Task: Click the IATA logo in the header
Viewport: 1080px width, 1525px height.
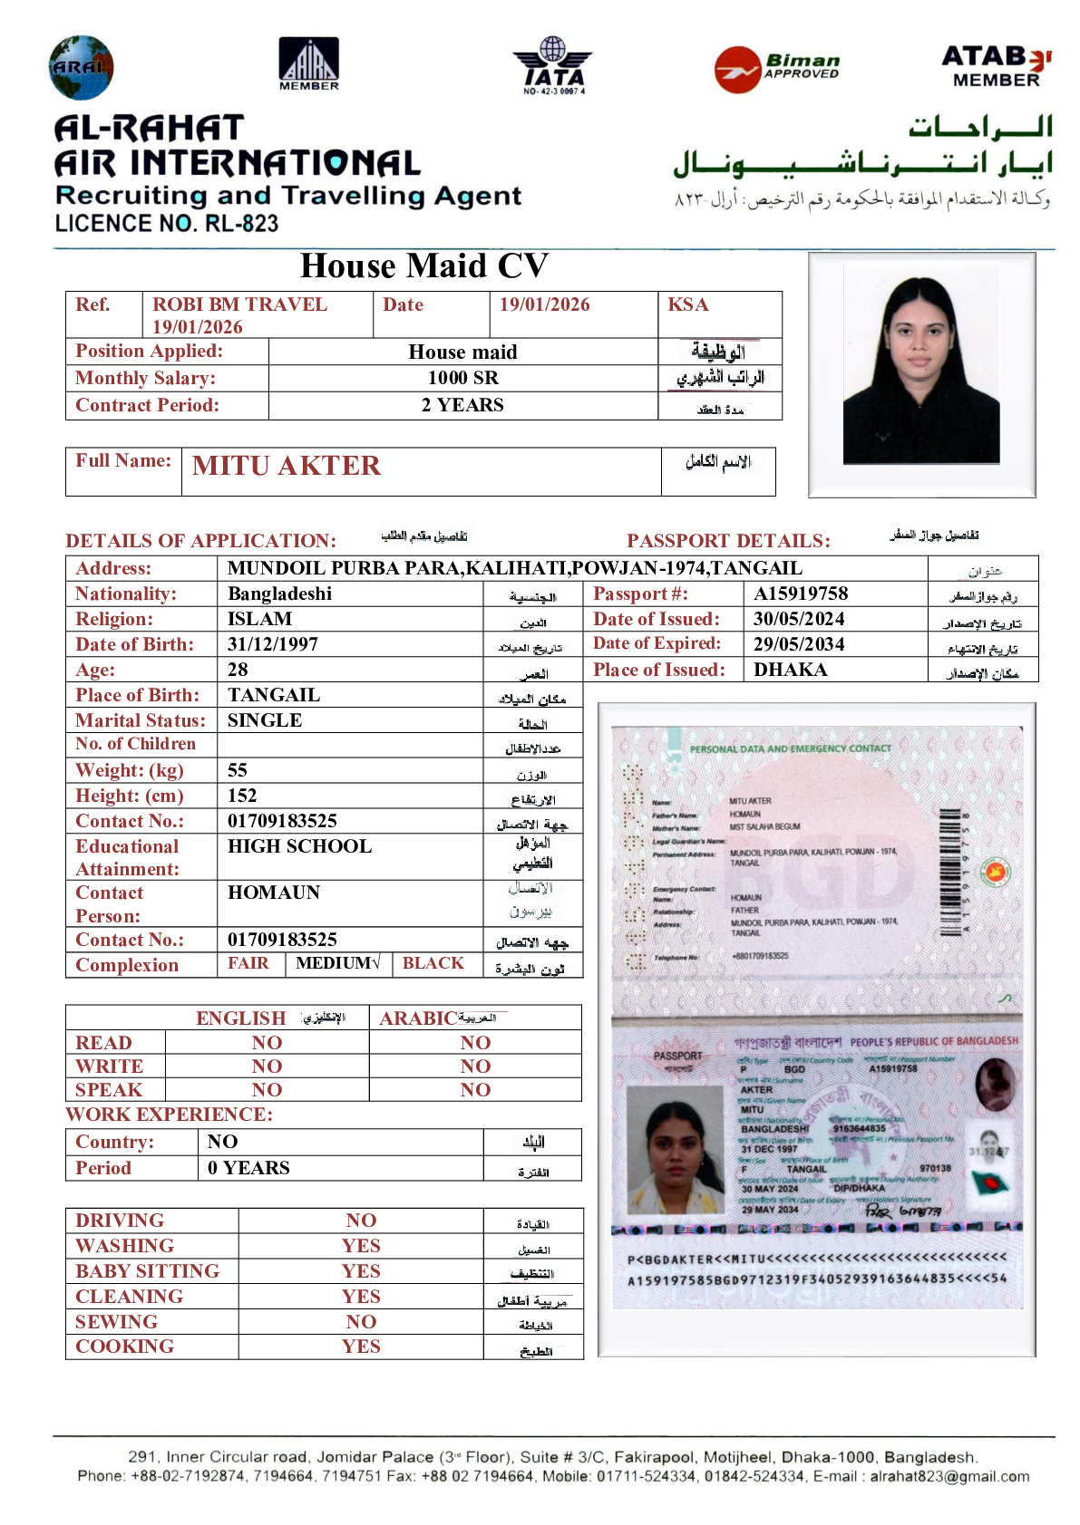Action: pyautogui.click(x=553, y=66)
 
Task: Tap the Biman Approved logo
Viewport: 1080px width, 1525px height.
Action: pyautogui.click(x=777, y=69)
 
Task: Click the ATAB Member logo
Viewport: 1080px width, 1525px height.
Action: pyautogui.click(x=996, y=66)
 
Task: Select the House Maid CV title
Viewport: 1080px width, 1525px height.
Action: pyautogui.click(x=423, y=265)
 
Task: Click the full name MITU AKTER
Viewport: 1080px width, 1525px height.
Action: pyautogui.click(x=287, y=466)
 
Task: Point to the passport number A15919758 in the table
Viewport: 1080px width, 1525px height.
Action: pyautogui.click(x=801, y=594)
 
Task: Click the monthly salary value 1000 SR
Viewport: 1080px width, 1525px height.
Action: pyautogui.click(x=462, y=378)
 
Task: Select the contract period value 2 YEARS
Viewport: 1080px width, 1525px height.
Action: pyautogui.click(x=462, y=405)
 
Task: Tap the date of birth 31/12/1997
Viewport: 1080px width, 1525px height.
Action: pyautogui.click(x=272, y=644)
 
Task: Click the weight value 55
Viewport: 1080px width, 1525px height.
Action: pyautogui.click(x=238, y=770)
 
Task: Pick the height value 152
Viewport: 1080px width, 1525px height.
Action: pyautogui.click(x=242, y=796)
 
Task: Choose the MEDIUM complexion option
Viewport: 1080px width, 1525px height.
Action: pyautogui.click(x=337, y=963)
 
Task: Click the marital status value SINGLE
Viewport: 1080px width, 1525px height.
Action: pyautogui.click(x=265, y=720)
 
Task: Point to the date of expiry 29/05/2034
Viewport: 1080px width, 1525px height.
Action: pyautogui.click(x=798, y=644)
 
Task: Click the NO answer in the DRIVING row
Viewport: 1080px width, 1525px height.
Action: pyautogui.click(x=361, y=1221)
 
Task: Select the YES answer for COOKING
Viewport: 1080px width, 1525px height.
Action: pyautogui.click(x=361, y=1346)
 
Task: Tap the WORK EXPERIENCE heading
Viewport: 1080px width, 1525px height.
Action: pyautogui.click(x=169, y=1115)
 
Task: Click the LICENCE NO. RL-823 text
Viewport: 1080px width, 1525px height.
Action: pyautogui.click(x=167, y=223)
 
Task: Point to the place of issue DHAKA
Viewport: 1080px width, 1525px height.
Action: pyautogui.click(x=790, y=670)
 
